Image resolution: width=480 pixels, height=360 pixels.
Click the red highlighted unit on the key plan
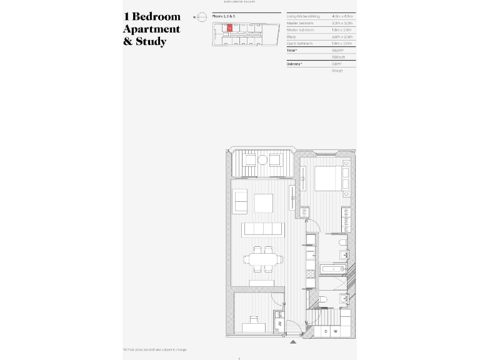pyautogui.click(x=229, y=28)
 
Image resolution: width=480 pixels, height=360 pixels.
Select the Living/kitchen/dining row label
pyautogui.click(x=303, y=16)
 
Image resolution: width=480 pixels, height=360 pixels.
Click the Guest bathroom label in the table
pyautogui.click(x=299, y=43)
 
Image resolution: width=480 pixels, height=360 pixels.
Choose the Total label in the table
pyautogui.click(x=292, y=50)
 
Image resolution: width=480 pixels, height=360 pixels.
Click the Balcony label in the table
pyautogui.click(x=294, y=64)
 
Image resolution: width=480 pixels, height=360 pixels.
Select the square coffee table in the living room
pyautogui.click(x=263, y=203)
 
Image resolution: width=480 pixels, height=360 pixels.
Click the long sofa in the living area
pyautogui.click(x=262, y=229)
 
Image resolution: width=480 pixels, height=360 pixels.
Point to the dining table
pyautogui.click(x=262, y=259)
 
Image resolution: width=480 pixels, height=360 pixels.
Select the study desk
pyautogui.click(x=253, y=326)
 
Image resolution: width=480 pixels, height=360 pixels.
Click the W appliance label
pyautogui.click(x=336, y=331)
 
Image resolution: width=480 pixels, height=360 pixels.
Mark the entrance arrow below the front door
pyautogui.click(x=292, y=342)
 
